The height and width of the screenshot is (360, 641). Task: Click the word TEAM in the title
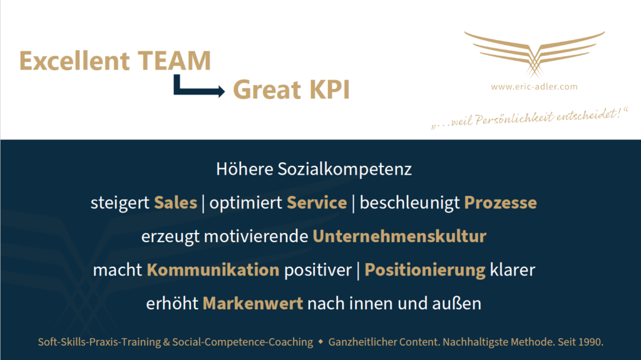(174, 61)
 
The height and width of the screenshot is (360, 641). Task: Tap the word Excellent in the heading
(74, 61)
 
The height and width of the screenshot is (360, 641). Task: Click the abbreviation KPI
(329, 90)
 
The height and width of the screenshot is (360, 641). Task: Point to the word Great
(267, 90)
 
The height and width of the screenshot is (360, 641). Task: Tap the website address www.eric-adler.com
(535, 87)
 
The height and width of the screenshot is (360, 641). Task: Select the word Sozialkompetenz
(345, 169)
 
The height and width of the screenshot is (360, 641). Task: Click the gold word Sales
(176, 202)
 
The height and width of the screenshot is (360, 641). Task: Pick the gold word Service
(317, 202)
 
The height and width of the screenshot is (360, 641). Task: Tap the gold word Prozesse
(500, 202)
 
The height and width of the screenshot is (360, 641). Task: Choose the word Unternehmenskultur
(399, 236)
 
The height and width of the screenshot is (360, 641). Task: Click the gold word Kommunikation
(213, 270)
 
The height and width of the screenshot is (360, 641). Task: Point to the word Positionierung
(425, 270)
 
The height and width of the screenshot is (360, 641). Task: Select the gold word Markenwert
(253, 303)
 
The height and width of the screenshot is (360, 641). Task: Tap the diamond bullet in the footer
(320, 341)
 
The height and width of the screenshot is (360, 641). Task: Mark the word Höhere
(245, 169)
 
